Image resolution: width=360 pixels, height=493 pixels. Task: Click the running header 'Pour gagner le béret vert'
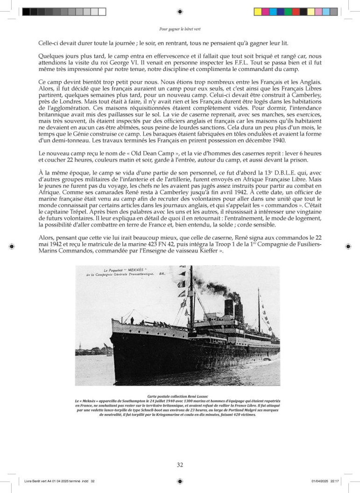click(x=180, y=28)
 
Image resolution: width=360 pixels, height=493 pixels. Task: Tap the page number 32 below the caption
click(x=180, y=465)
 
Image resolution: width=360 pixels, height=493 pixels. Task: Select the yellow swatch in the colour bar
click(x=257, y=11)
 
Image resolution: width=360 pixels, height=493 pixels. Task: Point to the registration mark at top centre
click(x=180, y=11)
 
